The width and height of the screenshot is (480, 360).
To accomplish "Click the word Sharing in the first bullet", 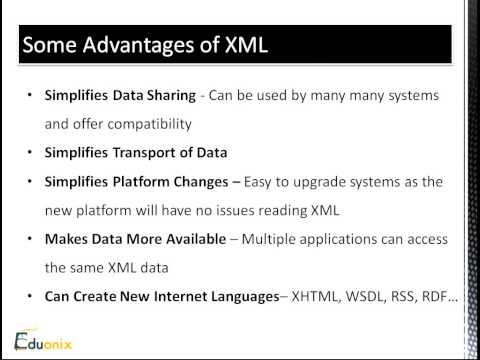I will [x=167, y=96].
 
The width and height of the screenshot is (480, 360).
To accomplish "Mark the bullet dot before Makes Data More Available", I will [x=33, y=241].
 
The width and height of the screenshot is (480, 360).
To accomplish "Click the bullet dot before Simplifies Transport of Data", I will [x=33, y=154].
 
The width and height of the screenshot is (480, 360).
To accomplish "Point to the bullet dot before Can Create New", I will [x=33, y=298].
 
